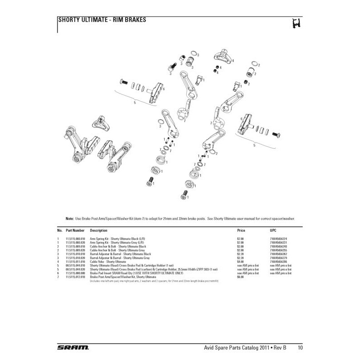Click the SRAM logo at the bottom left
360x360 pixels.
(x=73, y=347)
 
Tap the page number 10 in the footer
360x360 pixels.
(x=300, y=347)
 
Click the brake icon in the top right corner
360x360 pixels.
(x=295, y=23)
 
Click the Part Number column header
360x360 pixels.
(x=75, y=230)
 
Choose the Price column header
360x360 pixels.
(x=241, y=230)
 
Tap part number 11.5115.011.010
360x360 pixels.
(x=75, y=261)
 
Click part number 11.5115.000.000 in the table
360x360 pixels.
(x=75, y=273)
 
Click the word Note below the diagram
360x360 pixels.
(x=69, y=218)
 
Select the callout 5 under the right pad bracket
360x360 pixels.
(x=254, y=145)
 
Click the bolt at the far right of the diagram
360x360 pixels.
(x=277, y=134)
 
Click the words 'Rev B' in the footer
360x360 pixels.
(x=283, y=347)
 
